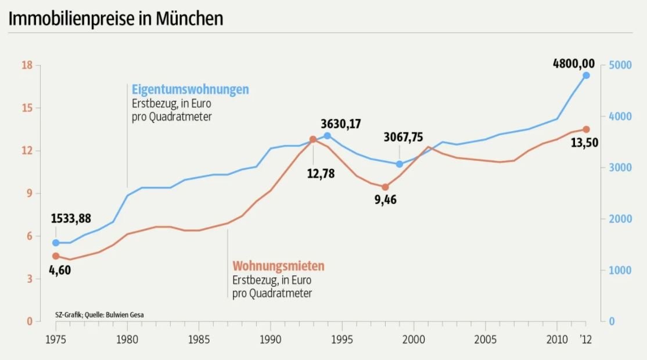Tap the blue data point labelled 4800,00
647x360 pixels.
tap(586, 75)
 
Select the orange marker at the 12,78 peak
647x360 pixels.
tap(313, 139)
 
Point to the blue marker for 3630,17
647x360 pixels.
tap(327, 136)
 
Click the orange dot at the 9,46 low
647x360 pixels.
tap(384, 187)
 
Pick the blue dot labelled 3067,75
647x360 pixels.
tap(399, 164)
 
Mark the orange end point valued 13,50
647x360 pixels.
tap(586, 129)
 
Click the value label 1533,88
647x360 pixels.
tap(71, 218)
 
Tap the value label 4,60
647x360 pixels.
tap(60, 270)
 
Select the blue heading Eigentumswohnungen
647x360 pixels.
tap(190, 89)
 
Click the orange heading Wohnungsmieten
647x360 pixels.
tap(278, 266)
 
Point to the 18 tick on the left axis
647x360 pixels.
tap(26, 65)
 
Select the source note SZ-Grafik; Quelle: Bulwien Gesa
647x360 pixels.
tap(99, 315)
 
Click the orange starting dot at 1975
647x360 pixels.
tap(56, 256)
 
